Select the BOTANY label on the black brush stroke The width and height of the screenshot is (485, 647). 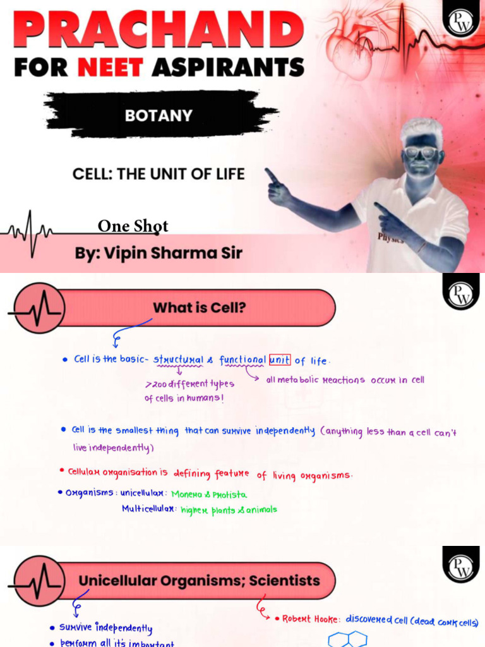point(158,116)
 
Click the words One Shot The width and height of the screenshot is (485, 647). point(133,226)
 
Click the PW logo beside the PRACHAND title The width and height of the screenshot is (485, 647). point(460,23)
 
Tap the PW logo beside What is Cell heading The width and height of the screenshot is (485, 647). point(460,293)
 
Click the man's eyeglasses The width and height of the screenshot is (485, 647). point(420,152)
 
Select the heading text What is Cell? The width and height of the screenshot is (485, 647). point(199,308)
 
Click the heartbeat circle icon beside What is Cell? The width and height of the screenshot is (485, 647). point(39,308)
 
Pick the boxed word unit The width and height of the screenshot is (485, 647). point(280,360)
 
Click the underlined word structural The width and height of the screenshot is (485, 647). point(178,360)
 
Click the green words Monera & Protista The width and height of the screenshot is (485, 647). point(209,494)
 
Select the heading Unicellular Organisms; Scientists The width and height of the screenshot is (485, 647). point(199,580)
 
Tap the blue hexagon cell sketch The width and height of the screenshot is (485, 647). point(347,639)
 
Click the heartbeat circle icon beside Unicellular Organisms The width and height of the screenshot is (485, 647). point(39,580)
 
